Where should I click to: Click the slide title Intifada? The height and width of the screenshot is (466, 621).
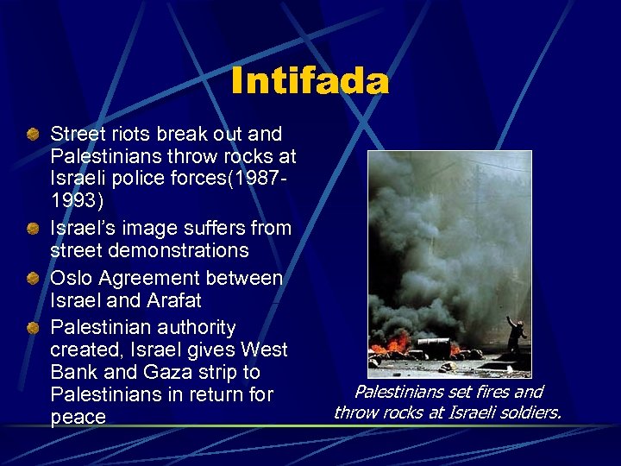(310, 82)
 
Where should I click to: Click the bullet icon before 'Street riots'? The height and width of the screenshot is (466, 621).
(32, 134)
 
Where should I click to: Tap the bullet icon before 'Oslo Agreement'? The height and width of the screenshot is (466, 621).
(32, 278)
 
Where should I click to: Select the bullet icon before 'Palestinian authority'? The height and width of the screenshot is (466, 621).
(32, 327)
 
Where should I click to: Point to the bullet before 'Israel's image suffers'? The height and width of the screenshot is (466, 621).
(32, 229)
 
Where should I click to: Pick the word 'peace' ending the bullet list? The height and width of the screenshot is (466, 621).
(78, 418)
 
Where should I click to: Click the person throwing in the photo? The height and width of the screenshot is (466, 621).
(516, 337)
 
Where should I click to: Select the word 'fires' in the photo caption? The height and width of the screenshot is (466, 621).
(488, 392)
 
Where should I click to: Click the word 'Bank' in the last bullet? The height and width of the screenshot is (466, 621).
(73, 372)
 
